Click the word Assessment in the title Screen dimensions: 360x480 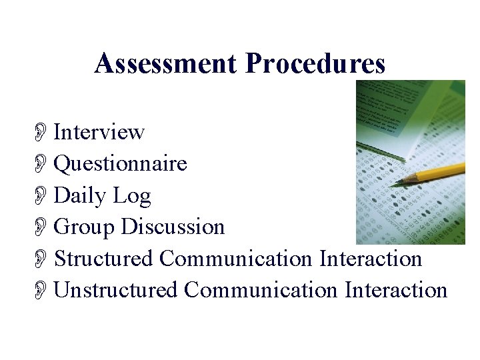(x=166, y=64)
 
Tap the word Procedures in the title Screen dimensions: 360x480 (x=315, y=64)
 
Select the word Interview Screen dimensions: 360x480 (x=99, y=132)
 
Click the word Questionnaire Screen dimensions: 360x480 (x=120, y=163)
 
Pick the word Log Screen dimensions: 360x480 (x=131, y=196)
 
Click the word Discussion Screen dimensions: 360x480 (x=173, y=227)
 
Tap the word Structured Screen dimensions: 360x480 (x=103, y=258)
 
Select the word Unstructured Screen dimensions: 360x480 (x=115, y=290)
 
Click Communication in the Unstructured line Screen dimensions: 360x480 (x=261, y=290)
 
